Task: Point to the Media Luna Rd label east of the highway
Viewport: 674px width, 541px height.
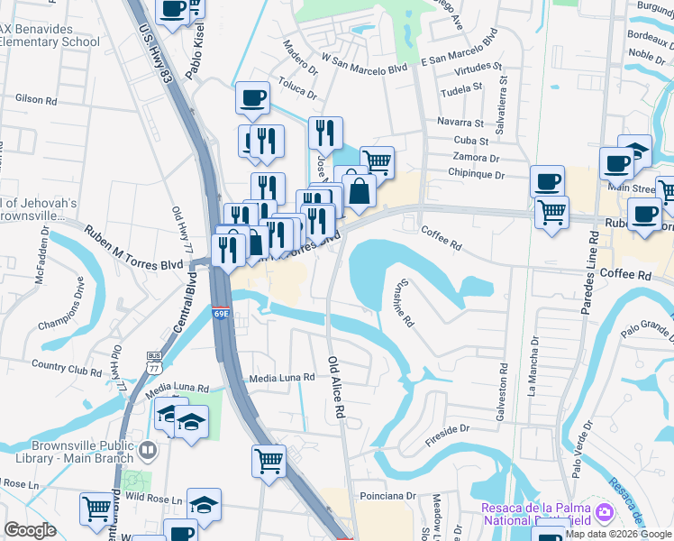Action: [x=282, y=378]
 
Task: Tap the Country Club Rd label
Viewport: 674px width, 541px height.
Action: [x=66, y=368]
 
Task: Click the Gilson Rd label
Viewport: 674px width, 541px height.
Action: [x=36, y=97]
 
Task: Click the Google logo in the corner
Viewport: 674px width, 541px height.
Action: [x=30, y=530]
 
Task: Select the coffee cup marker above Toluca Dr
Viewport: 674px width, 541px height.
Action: [x=252, y=96]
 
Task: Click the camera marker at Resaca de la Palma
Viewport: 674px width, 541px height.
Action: [x=603, y=513]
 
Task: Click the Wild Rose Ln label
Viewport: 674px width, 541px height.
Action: [x=153, y=499]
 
